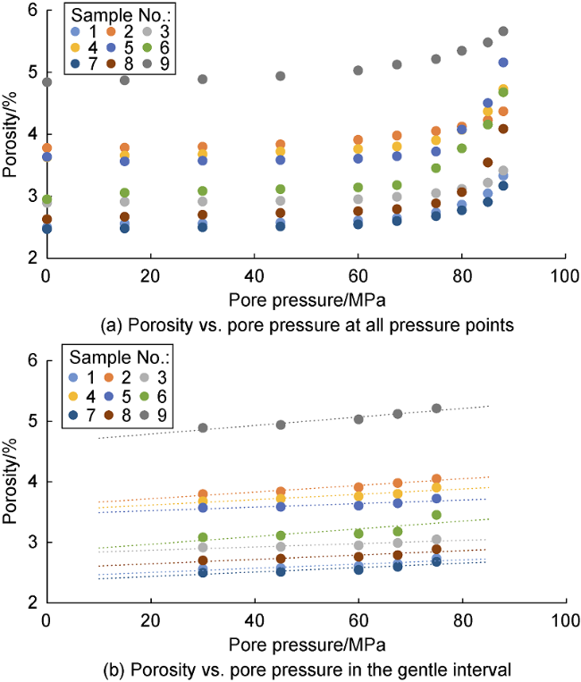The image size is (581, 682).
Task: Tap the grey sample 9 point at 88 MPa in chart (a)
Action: coord(503,31)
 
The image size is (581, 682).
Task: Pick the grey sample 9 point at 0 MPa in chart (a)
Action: coord(46,82)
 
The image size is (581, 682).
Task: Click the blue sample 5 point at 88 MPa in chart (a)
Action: coord(503,63)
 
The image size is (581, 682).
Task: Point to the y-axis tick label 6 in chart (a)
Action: coord(33,12)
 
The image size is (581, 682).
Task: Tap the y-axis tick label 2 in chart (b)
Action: coord(33,603)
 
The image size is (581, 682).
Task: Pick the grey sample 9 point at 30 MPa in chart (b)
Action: coord(202,427)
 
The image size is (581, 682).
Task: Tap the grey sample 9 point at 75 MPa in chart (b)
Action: coord(436,408)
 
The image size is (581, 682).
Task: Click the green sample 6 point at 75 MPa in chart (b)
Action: coord(436,515)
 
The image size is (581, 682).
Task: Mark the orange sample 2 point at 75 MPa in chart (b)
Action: coord(436,479)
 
